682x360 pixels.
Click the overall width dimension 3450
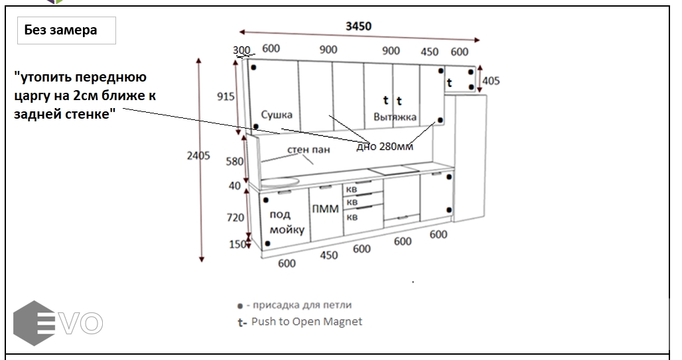pos(358,26)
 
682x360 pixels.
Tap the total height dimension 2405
pos(198,155)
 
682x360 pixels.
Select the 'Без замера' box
pos(66,30)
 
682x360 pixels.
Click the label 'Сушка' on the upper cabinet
pos(277,115)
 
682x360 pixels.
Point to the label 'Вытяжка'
pos(395,117)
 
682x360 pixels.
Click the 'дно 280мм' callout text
pos(385,147)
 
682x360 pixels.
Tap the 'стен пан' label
pos(308,150)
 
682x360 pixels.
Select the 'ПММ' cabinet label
pos(325,209)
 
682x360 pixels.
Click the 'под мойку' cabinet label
pos(287,221)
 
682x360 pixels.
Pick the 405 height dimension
pos(491,80)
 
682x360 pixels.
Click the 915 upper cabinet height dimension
pos(226,96)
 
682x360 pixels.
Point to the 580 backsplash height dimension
pos(234,161)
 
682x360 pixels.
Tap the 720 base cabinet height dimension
pos(235,217)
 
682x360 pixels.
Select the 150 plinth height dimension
pos(238,244)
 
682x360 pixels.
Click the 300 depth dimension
pos(241,50)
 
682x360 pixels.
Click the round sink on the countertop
pos(280,181)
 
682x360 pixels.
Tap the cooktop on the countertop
pos(394,170)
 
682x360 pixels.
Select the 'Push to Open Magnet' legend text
pos(307,322)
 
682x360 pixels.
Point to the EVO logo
pos(58,323)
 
